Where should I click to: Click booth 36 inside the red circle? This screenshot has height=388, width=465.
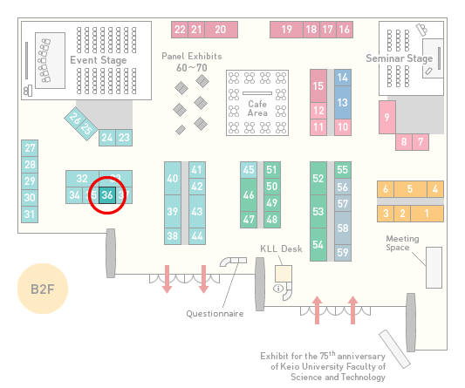(x=107, y=195)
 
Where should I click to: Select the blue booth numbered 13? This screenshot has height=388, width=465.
(x=343, y=103)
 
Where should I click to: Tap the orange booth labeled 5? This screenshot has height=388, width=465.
(x=410, y=189)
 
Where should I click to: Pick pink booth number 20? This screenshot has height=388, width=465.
(x=221, y=30)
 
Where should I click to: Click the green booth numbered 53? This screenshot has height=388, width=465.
(x=318, y=211)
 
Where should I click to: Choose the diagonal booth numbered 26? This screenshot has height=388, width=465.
(x=74, y=119)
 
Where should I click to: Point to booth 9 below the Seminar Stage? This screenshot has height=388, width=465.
(x=387, y=117)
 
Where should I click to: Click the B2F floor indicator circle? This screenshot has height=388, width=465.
(x=43, y=289)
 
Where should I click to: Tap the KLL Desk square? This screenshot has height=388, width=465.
(x=284, y=274)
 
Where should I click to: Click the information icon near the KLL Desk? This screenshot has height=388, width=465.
(x=278, y=288)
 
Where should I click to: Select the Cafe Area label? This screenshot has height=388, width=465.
(x=257, y=108)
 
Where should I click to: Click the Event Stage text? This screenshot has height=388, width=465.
(x=99, y=60)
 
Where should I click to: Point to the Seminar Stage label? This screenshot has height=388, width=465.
(x=400, y=58)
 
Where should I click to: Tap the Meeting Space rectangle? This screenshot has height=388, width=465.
(x=434, y=268)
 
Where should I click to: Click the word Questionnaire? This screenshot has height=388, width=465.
(x=215, y=314)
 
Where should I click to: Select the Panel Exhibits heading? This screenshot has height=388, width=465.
(x=192, y=56)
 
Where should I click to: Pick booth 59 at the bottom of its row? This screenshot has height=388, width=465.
(x=343, y=253)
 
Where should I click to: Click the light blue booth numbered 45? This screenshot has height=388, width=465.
(x=249, y=170)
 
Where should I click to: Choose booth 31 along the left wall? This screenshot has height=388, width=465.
(x=30, y=214)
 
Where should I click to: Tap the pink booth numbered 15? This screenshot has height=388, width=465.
(x=318, y=86)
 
